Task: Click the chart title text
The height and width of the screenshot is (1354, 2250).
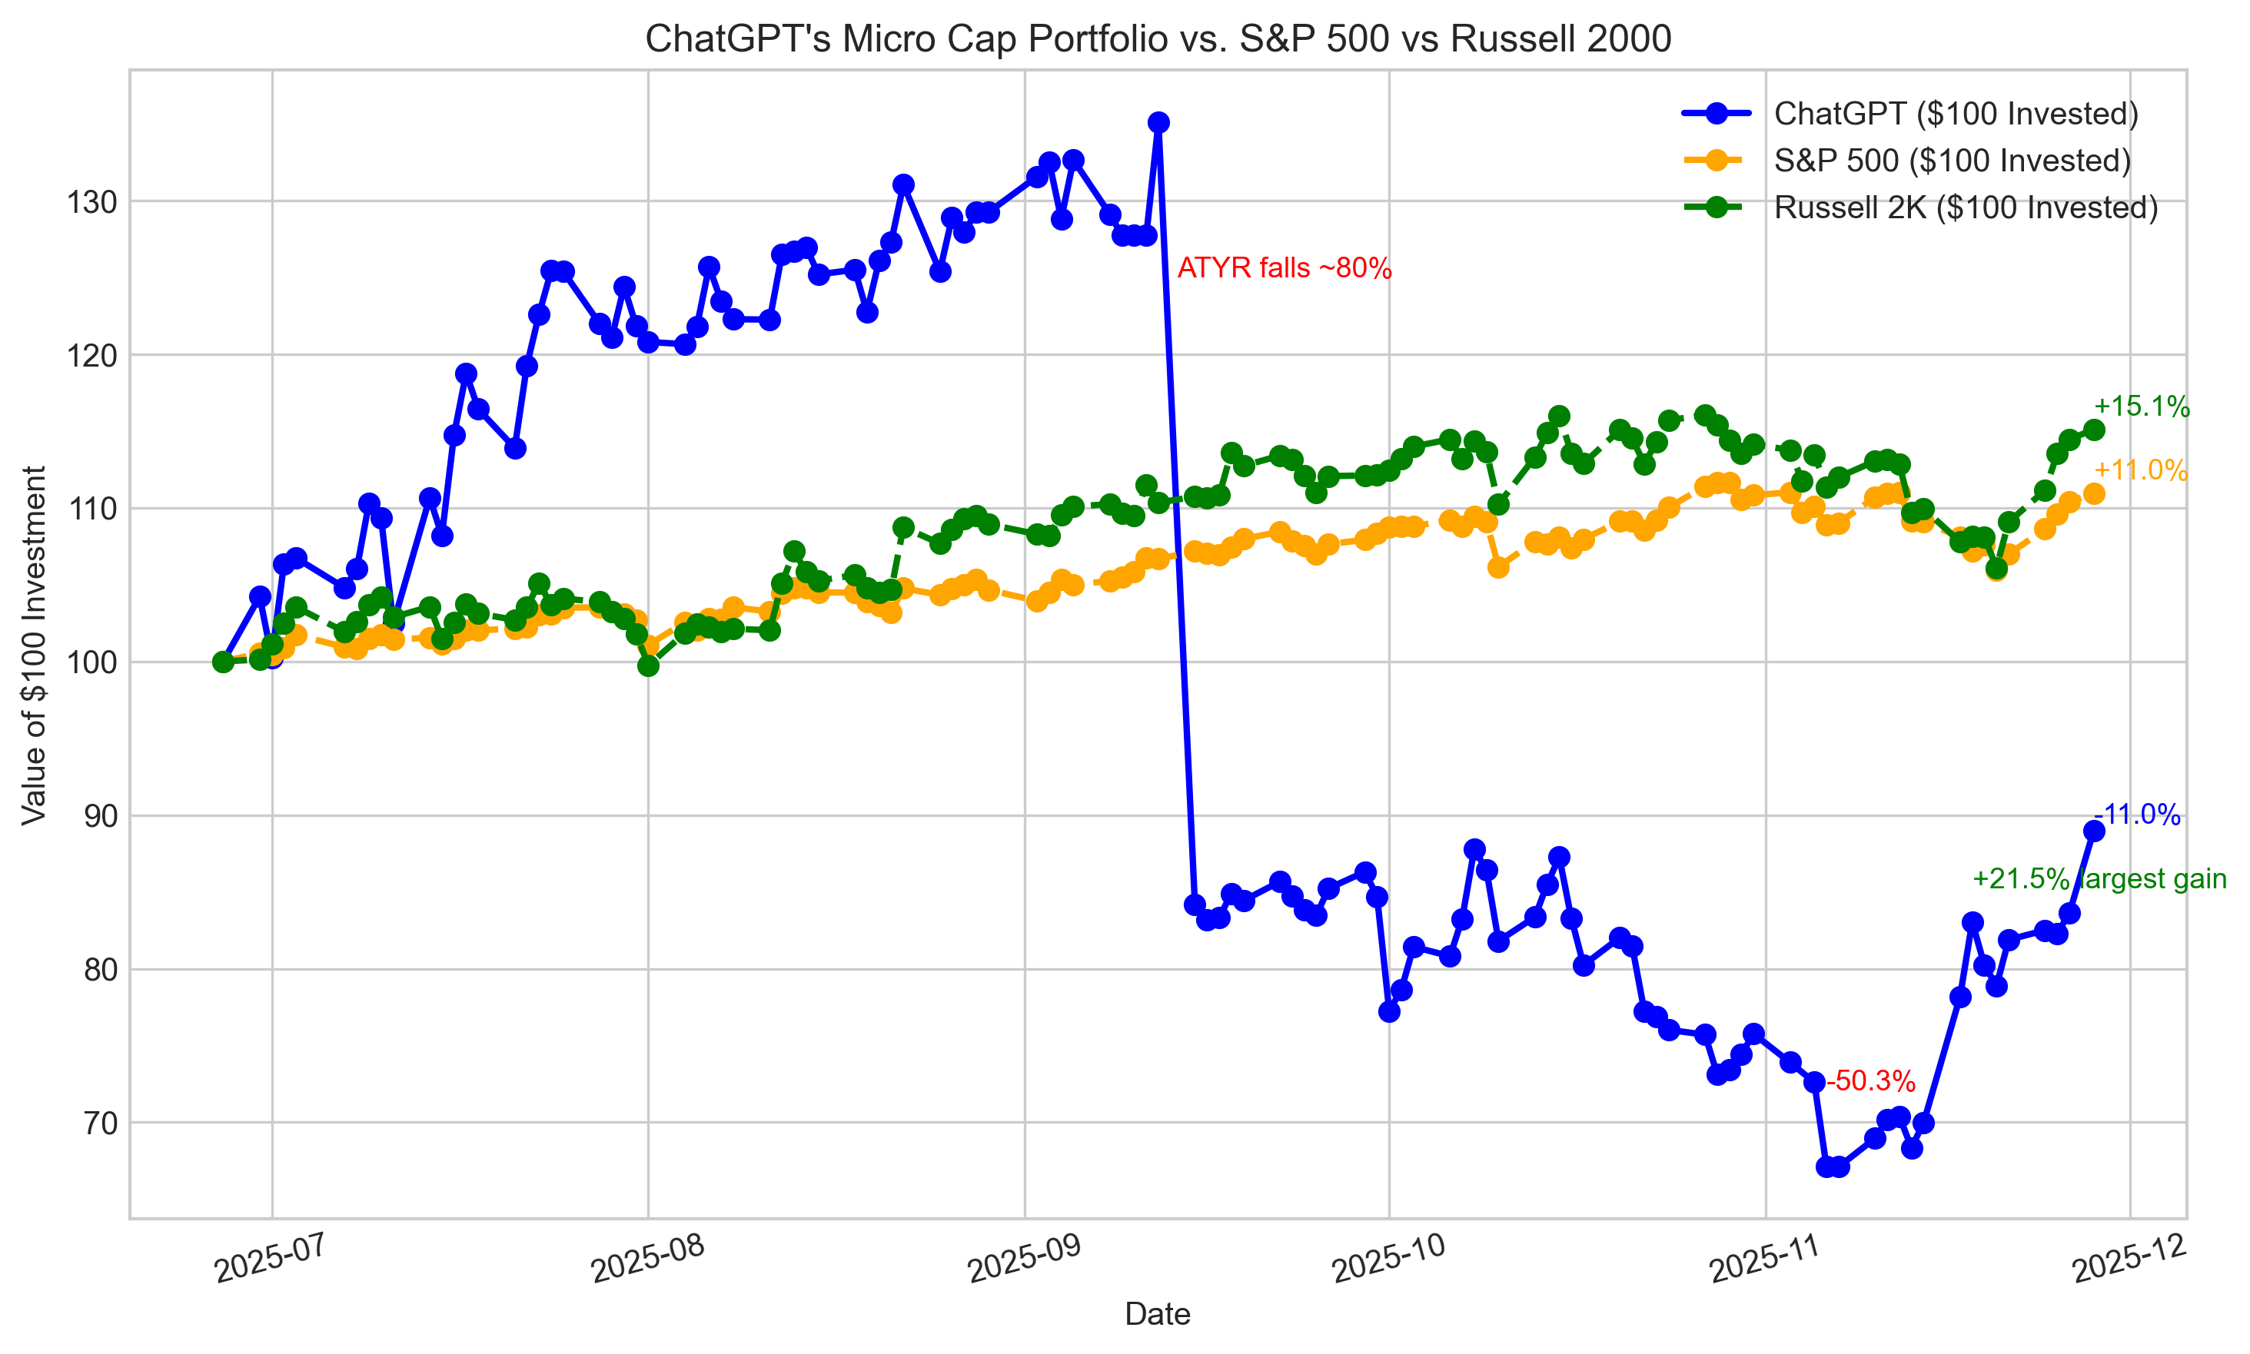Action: click(x=1157, y=39)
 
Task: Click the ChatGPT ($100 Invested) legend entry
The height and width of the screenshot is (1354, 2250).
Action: click(x=1956, y=113)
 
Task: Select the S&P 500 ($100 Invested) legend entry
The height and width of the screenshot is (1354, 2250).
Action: click(x=1952, y=161)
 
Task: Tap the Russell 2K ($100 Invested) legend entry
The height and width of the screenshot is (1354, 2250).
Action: click(x=1966, y=208)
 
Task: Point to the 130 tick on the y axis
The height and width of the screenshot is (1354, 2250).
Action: click(x=92, y=201)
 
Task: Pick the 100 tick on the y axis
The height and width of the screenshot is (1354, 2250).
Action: click(x=92, y=662)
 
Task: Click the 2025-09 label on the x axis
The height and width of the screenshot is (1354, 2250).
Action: click(x=1024, y=1261)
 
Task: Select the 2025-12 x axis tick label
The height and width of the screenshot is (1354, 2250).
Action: click(x=2129, y=1261)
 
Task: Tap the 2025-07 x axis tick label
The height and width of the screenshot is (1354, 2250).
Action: click(x=271, y=1261)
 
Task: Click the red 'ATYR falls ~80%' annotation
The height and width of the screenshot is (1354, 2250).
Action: click(x=1284, y=268)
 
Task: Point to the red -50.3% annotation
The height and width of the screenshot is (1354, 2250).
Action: click(x=1869, y=1081)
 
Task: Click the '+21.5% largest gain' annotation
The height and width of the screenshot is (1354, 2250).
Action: click(x=2099, y=878)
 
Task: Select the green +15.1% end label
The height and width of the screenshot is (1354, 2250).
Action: click(x=2141, y=407)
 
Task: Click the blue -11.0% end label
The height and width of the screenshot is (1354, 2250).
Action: click(x=2137, y=815)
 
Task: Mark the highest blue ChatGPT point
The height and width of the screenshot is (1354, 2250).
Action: click(x=1158, y=122)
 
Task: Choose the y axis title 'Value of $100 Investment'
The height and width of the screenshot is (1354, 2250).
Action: click(x=34, y=644)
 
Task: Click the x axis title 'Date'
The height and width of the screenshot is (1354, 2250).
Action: click(x=1157, y=1314)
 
